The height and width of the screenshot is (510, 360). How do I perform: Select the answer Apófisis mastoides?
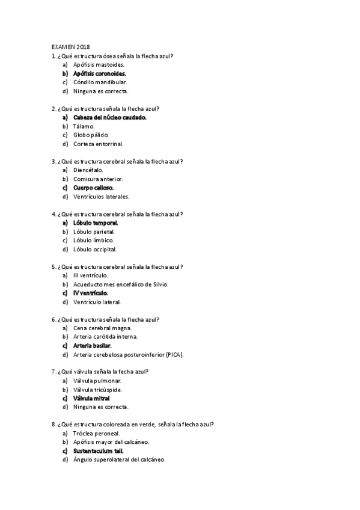coord(99,64)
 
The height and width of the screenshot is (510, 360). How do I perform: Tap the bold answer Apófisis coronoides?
coord(99,73)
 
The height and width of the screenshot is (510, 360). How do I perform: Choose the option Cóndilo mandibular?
coord(100,82)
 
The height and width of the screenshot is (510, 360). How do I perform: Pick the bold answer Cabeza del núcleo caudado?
coord(109,117)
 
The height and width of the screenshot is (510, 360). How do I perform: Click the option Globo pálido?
coord(91,135)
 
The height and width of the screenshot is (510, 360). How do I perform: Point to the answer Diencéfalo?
coord(88,170)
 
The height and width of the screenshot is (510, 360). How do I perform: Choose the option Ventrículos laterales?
coord(101,196)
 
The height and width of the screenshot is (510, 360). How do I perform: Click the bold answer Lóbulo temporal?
coord(96,223)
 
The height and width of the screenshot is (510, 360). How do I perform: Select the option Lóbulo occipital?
coord(94,249)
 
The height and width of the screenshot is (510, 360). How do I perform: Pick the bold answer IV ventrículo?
coord(91,293)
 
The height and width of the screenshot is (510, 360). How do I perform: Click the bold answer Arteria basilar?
coord(93,346)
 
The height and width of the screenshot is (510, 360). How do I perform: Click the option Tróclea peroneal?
coord(96,434)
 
